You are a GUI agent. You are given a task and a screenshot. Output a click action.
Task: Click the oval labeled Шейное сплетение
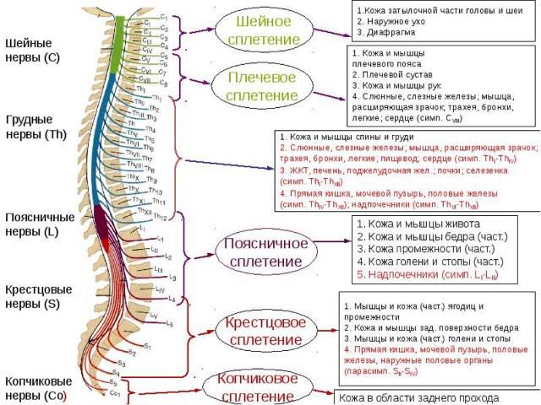[x=269, y=30]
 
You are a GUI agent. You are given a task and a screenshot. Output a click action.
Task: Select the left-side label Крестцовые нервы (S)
[x=38, y=297]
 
